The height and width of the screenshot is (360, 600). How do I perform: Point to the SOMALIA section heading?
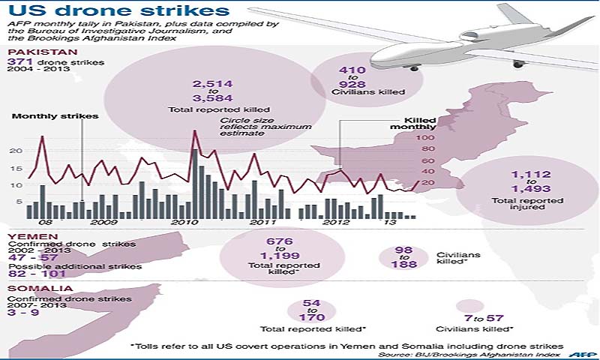point(30,288)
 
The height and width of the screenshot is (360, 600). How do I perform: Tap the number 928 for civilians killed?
point(346,84)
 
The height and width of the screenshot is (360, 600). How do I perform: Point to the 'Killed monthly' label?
point(420,124)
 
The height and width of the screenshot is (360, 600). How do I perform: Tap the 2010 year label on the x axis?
point(180,223)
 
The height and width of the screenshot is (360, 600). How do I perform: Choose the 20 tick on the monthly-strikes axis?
point(16,151)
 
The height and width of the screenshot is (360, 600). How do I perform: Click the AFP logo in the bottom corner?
point(577,353)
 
